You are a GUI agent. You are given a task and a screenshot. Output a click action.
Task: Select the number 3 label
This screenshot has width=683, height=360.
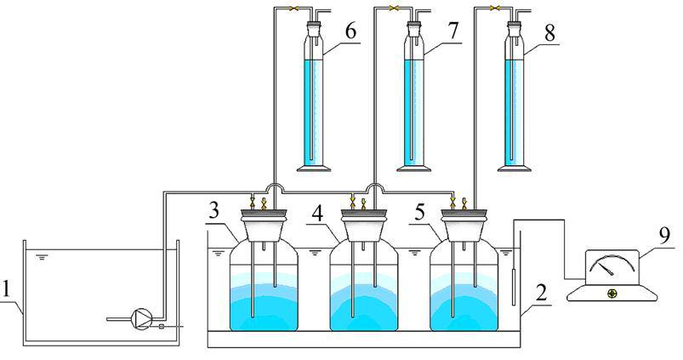[x=218, y=209]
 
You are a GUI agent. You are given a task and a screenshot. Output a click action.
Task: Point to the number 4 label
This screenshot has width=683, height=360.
[x=317, y=209]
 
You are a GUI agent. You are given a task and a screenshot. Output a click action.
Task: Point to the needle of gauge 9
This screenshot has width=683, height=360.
[x=606, y=269]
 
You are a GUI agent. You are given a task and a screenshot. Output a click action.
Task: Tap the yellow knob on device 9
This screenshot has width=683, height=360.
[x=612, y=294]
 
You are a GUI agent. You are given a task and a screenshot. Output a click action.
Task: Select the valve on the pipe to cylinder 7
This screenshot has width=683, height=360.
[x=394, y=9]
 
